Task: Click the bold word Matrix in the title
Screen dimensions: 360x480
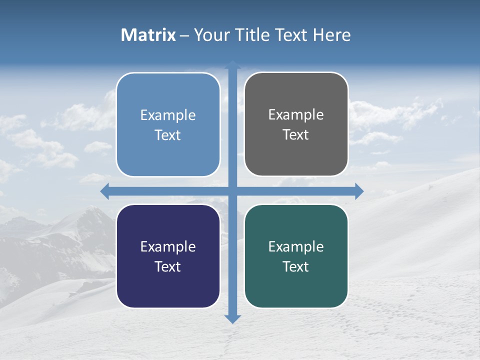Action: coord(148,35)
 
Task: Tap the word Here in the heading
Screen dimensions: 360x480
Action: coord(331,35)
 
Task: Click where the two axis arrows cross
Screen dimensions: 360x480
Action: coord(232,191)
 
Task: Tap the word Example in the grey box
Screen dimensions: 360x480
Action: coord(296,115)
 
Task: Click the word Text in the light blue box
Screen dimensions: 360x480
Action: coord(168,135)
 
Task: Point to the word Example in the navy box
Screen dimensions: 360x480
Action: coord(168,246)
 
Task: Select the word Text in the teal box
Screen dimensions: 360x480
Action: coord(296,266)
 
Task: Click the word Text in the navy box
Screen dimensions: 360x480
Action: coord(168,266)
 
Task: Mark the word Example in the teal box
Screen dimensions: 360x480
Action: coord(296,246)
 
